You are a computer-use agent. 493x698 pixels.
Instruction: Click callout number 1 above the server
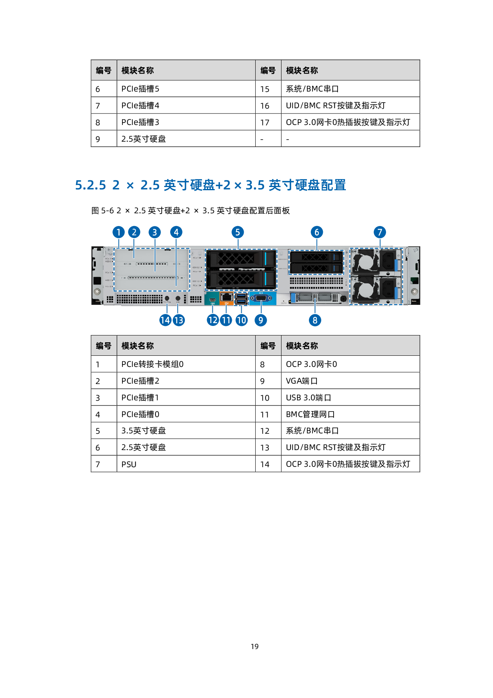[118, 232]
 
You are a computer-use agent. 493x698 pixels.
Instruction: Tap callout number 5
[237, 232]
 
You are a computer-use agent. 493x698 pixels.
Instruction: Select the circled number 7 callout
[380, 232]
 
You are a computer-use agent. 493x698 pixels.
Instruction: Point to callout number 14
[165, 320]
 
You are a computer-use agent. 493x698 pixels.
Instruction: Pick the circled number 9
[261, 320]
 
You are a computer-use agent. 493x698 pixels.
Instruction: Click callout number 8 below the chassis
[315, 320]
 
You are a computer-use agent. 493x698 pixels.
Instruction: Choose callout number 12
[213, 320]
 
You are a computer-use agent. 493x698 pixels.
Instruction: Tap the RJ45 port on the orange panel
[226, 297]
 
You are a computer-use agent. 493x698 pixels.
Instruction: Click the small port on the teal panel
[212, 299]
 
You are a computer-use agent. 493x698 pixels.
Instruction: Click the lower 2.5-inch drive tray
[316, 269]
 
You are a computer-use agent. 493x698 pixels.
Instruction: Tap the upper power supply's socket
[388, 261]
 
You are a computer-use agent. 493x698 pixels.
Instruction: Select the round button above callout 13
[178, 298]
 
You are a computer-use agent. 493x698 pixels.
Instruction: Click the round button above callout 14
[167, 298]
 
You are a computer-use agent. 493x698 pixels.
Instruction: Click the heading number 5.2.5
[91, 185]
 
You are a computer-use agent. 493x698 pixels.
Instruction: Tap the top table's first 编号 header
[104, 70]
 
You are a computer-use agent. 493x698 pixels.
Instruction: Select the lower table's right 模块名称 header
[302, 346]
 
